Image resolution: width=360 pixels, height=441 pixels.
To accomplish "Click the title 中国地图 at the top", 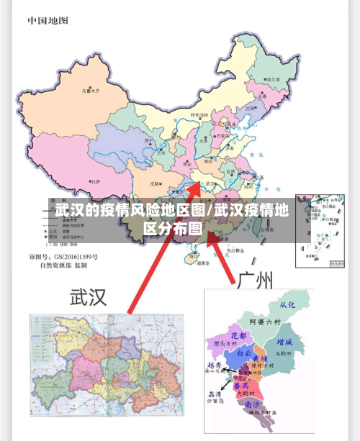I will tap(48, 21).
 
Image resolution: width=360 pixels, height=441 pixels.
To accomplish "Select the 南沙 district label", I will tap(252, 406).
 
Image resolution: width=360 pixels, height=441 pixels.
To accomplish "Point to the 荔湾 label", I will tap(215, 394).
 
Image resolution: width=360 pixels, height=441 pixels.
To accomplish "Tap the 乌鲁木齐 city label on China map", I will tap(91, 92).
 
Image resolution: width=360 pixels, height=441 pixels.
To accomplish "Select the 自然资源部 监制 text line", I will tap(63, 266).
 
